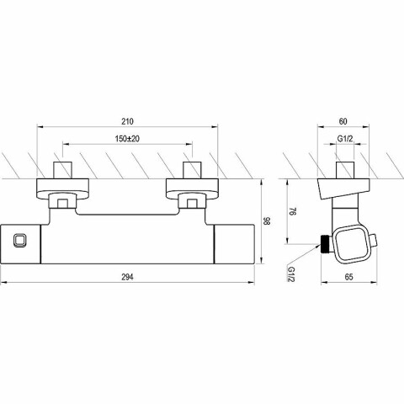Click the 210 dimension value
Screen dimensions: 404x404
(x=127, y=121)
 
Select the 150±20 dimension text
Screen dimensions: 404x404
(x=127, y=139)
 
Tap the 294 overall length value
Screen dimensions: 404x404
(x=127, y=277)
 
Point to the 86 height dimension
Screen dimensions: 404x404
(x=267, y=221)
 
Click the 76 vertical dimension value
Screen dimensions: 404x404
(x=293, y=211)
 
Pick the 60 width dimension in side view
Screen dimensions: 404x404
(x=343, y=121)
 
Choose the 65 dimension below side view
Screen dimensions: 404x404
(x=348, y=277)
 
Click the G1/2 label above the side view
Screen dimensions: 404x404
(x=345, y=139)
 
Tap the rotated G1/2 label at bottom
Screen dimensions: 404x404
(x=291, y=274)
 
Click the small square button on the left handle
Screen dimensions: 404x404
(x=20, y=241)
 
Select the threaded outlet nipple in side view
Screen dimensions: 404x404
(x=327, y=244)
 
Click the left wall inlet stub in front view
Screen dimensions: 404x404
(x=63, y=170)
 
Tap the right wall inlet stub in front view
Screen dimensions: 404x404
(x=192, y=170)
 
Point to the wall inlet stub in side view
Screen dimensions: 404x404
(x=345, y=170)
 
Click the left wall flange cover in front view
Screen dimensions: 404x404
(x=63, y=189)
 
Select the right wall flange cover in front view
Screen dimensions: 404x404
(x=192, y=189)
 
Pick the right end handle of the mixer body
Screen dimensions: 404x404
(x=234, y=244)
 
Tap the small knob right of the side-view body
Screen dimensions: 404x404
(x=374, y=241)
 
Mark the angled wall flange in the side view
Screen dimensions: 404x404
(x=343, y=188)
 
